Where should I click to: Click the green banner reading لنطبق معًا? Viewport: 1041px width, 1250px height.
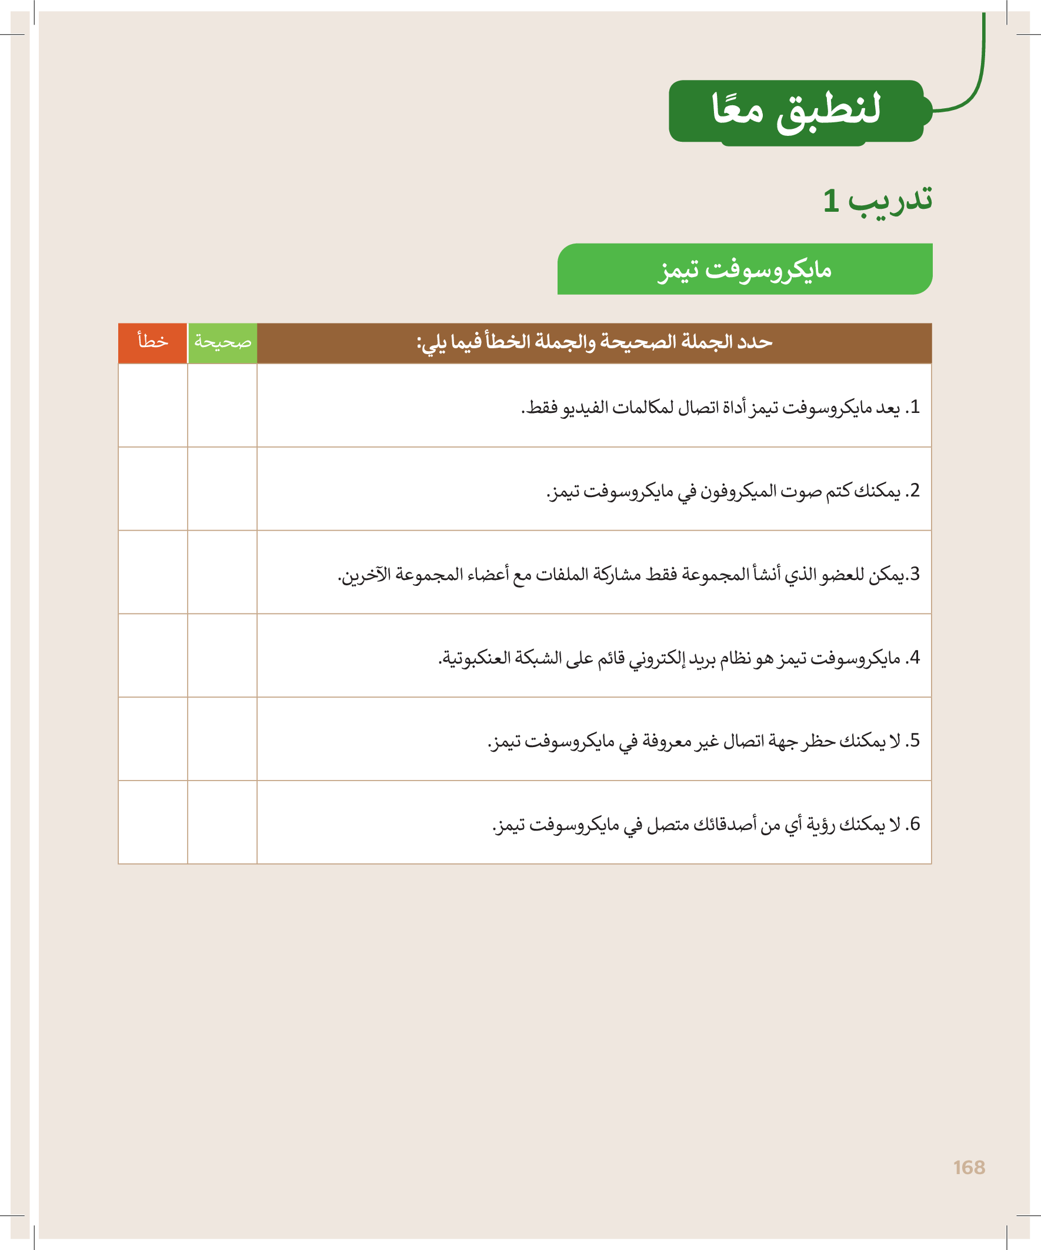pos(796,111)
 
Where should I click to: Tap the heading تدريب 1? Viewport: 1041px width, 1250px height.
pos(877,200)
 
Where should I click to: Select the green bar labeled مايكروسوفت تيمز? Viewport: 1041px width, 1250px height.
pos(745,269)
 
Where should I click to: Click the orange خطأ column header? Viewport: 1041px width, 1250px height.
pos(153,342)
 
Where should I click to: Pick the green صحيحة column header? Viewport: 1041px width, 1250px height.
pos(222,342)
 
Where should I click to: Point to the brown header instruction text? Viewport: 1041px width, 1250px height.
pos(594,342)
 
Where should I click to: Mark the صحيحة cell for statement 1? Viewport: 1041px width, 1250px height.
pos(222,405)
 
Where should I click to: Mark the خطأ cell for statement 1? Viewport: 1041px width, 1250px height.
pos(153,405)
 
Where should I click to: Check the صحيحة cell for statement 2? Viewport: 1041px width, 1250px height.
pos(222,489)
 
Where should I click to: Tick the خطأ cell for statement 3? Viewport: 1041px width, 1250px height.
pos(153,572)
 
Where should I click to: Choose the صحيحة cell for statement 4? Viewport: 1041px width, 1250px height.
pos(222,655)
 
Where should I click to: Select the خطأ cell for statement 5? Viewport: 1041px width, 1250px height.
pos(153,739)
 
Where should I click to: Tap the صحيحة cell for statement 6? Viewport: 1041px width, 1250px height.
pos(222,822)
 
